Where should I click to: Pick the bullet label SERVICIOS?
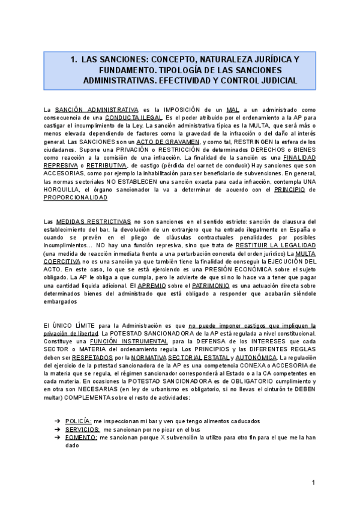click(82, 430)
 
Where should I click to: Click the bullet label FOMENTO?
click(81, 438)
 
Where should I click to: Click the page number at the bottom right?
click(313, 483)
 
